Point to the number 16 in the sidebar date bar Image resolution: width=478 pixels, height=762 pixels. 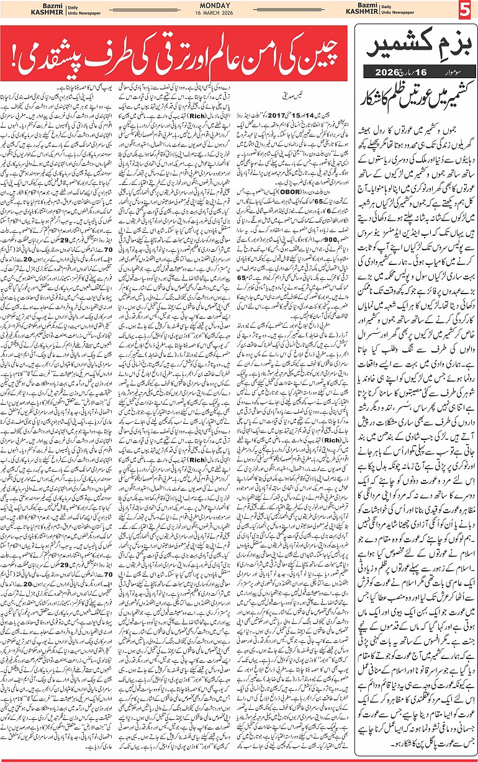421,73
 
